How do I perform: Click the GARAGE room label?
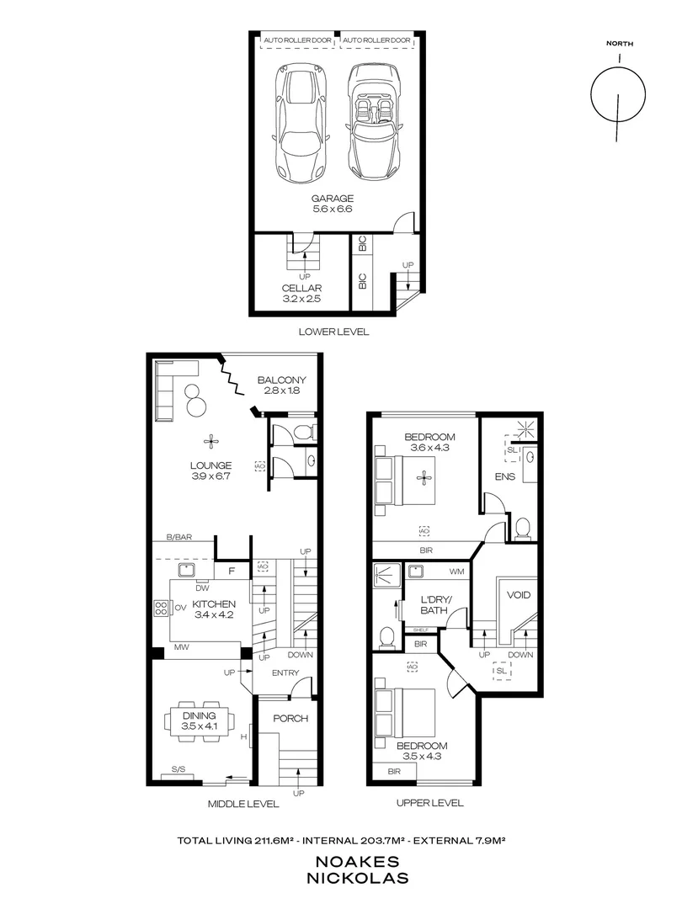[334, 199]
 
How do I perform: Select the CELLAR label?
[301, 288]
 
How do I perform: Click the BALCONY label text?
[281, 380]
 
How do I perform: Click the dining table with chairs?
[199, 721]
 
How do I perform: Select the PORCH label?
[290, 719]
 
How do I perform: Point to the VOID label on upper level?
[519, 594]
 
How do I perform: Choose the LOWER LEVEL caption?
[333, 332]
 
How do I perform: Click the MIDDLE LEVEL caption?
[243, 804]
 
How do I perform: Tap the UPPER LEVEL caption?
[429, 803]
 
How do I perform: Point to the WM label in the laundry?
[457, 572]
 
